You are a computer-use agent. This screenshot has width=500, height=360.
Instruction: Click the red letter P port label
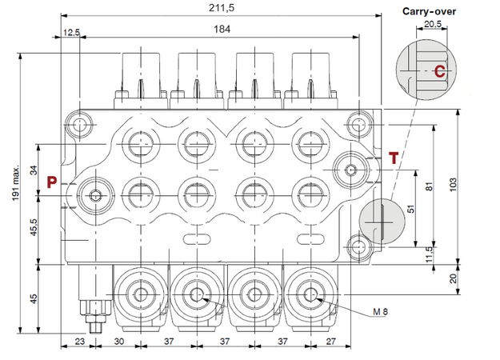click(x=52, y=182)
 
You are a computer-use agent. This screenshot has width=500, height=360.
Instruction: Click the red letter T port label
click(x=393, y=158)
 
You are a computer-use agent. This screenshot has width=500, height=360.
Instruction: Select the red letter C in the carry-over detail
click(x=439, y=72)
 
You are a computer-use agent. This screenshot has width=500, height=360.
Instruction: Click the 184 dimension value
click(x=219, y=30)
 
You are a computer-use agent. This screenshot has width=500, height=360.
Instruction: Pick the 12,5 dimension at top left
click(x=70, y=33)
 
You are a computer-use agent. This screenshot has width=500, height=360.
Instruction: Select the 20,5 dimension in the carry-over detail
click(x=433, y=25)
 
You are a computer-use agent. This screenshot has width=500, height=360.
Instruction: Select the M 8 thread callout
click(x=379, y=310)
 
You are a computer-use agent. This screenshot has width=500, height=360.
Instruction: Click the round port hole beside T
click(x=351, y=169)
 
